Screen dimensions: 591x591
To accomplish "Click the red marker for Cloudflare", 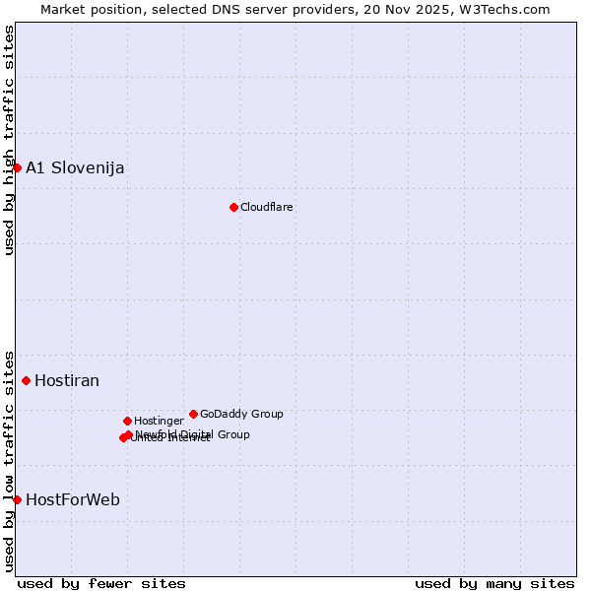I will [x=233, y=207].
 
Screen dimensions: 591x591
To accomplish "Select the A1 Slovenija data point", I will [x=17, y=167].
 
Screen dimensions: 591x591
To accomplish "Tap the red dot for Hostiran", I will [x=26, y=380].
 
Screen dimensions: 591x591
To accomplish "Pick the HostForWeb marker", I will [x=17, y=499].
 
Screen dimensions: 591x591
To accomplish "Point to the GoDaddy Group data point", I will [x=193, y=414].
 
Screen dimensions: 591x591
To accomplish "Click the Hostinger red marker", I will [x=127, y=421].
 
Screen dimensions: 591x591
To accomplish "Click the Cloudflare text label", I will [x=266, y=207].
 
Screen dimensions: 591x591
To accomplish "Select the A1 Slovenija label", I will [x=75, y=167].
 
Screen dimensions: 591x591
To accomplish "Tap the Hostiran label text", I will [x=67, y=381].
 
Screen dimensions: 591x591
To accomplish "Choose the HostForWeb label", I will [x=73, y=500].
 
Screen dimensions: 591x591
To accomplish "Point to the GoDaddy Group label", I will [x=241, y=414].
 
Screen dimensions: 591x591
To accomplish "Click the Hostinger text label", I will [x=159, y=421].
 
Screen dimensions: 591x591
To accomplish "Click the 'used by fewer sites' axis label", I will [x=101, y=583].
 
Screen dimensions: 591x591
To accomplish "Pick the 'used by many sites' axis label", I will [x=494, y=583].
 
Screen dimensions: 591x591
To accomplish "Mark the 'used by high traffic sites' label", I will [x=9, y=140].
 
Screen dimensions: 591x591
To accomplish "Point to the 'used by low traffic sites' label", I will [x=9, y=460].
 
